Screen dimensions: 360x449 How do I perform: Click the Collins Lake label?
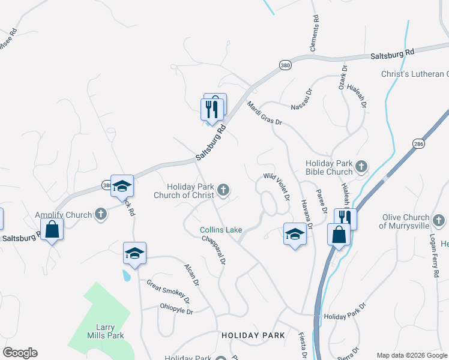221,230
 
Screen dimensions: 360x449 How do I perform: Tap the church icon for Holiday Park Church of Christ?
223,191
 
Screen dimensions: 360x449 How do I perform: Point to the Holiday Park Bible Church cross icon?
361,166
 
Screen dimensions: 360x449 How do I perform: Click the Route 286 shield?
418,143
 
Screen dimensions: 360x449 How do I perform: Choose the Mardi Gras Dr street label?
264,113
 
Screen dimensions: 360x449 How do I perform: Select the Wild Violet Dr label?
277,187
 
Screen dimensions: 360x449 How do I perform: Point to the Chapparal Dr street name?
214,250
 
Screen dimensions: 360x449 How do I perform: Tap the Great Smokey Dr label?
168,293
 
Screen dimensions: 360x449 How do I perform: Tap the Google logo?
20,353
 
